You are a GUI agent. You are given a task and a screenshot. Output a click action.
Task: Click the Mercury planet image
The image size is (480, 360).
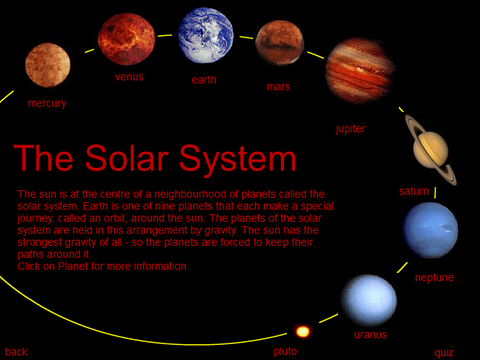(x=48, y=65)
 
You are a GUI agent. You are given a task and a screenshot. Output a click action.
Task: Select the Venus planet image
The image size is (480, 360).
(x=126, y=39)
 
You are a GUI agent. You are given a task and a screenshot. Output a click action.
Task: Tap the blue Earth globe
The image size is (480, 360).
(x=206, y=35)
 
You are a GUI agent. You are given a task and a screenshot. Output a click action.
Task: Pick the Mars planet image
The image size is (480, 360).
(x=279, y=43)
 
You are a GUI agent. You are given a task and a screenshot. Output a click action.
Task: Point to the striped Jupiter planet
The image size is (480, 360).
(x=360, y=71)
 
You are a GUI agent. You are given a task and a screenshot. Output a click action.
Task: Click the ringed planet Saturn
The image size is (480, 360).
(x=431, y=150)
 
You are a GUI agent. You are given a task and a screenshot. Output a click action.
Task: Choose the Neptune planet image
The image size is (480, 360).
(x=430, y=230)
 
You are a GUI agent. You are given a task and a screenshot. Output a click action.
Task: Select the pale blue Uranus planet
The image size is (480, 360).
(x=369, y=301)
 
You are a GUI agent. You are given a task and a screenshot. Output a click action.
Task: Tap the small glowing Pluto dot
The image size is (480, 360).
(x=303, y=331)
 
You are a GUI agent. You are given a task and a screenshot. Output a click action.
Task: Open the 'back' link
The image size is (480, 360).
(x=16, y=352)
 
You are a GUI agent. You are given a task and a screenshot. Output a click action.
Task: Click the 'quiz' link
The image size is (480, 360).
(x=444, y=353)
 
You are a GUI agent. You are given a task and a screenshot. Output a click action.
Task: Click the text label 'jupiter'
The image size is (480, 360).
(x=351, y=129)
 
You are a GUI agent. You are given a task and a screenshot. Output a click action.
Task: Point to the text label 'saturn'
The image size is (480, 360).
(x=414, y=191)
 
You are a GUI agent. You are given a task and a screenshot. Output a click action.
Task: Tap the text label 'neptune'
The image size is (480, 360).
(x=434, y=277)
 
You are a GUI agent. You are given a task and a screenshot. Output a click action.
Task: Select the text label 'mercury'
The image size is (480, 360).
(x=47, y=103)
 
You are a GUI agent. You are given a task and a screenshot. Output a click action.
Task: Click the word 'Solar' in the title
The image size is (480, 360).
(x=127, y=158)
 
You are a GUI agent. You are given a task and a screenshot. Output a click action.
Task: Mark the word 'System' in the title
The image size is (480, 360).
(x=238, y=159)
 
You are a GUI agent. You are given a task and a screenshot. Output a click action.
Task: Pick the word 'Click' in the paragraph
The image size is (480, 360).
(x=29, y=266)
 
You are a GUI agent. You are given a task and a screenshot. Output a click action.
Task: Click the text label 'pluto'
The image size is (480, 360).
(x=285, y=352)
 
